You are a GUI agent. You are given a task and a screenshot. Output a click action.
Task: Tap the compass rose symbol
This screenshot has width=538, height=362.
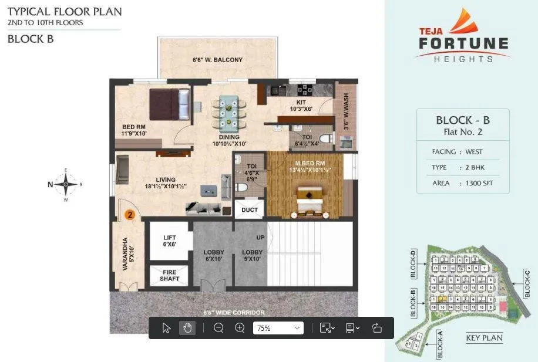click(x=66, y=184)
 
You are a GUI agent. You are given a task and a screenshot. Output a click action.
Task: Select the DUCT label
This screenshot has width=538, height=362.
click(x=250, y=209)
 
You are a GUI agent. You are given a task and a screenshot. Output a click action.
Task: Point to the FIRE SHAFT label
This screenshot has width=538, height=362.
click(x=170, y=275)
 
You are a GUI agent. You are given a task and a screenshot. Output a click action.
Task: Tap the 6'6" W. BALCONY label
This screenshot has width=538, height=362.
click(x=218, y=60)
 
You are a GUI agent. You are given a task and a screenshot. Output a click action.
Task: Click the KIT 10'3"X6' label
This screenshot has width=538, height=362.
click(x=300, y=106)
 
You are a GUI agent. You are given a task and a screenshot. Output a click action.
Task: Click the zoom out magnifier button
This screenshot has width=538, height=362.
click(x=218, y=328)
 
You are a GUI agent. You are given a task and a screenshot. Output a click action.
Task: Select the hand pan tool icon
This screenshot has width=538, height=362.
click(x=187, y=328)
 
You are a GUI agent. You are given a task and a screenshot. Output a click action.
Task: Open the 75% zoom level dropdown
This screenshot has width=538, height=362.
click(x=278, y=328)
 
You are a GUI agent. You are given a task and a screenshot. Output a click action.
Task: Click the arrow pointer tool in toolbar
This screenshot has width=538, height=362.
click(x=166, y=328)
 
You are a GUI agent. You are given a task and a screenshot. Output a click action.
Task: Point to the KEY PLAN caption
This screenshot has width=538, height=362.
click(x=483, y=338)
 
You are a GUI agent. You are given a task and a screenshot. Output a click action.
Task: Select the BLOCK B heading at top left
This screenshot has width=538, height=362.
click(x=31, y=39)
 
